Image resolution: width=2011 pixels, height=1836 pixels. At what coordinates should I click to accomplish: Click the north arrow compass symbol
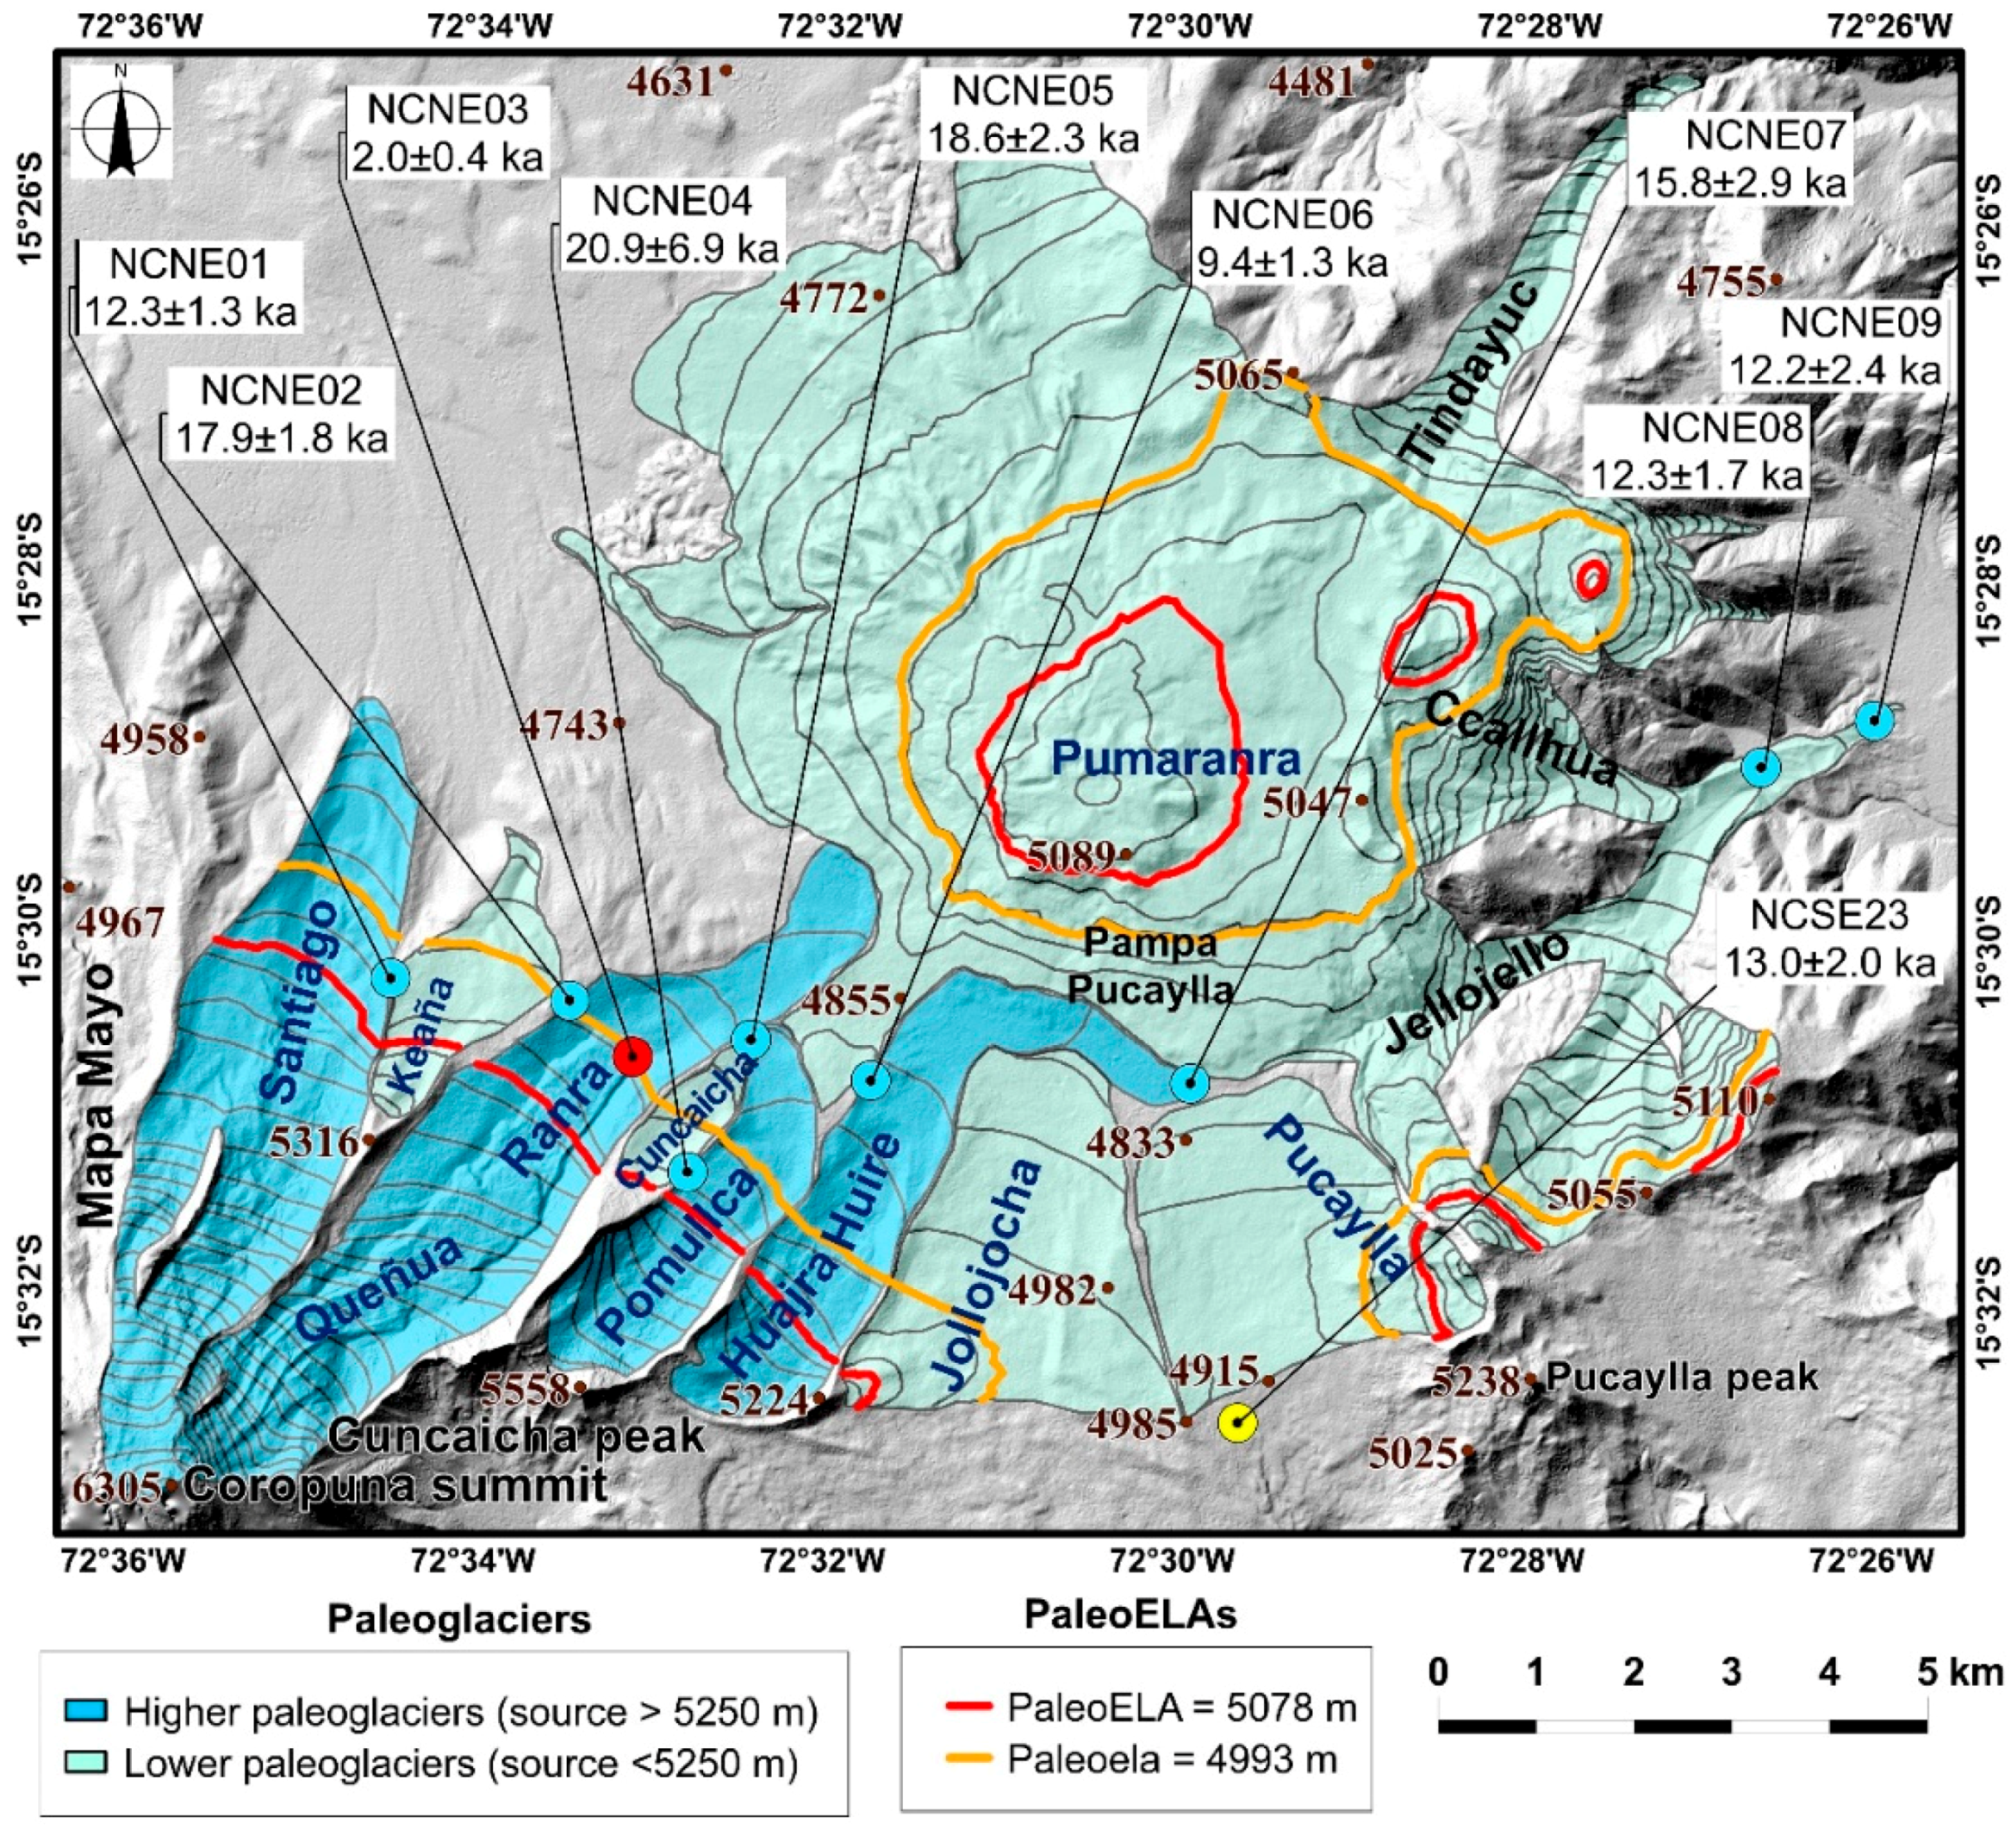coord(121,122)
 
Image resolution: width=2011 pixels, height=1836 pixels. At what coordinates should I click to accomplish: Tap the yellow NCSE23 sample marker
coord(1236,1423)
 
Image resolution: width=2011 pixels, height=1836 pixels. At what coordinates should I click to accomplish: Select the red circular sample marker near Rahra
coord(632,1055)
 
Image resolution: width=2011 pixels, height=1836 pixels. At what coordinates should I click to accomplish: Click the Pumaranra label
coord(1176,761)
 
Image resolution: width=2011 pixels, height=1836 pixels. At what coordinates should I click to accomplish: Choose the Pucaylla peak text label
coord(1681,1379)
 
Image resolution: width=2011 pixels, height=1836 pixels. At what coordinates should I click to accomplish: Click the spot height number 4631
coord(670,82)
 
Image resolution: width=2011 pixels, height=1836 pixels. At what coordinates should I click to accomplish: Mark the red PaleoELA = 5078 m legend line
coord(968,1707)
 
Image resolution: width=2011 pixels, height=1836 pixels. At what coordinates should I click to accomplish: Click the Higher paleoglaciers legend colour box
coord(87,1712)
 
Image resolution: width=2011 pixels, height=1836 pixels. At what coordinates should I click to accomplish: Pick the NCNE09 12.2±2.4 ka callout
coord(1834,346)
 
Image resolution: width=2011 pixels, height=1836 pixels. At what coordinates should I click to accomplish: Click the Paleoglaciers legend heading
coord(459,1620)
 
